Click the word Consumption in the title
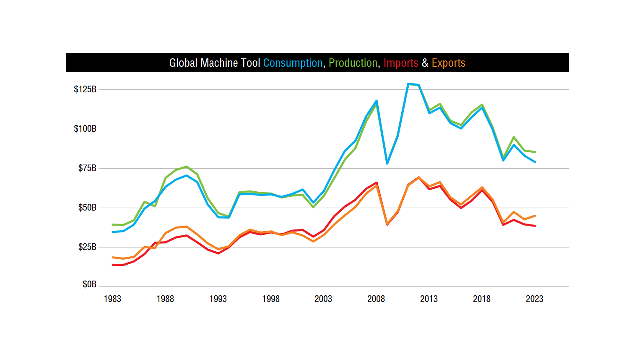point(293,63)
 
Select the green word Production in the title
point(353,63)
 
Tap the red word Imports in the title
point(401,63)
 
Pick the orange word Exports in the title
point(448,63)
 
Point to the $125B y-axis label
point(85,89)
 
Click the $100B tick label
point(85,129)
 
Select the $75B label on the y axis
point(87,168)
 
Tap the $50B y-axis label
point(87,207)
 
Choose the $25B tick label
point(87,247)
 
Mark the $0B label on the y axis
point(89,284)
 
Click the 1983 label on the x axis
point(112,299)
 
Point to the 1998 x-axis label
point(271,299)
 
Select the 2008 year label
point(376,299)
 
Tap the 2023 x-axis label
point(534,299)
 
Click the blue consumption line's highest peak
point(408,84)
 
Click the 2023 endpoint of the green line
point(535,152)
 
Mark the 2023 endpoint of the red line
point(535,226)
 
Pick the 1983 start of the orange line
point(113,257)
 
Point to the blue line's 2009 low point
point(387,164)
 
